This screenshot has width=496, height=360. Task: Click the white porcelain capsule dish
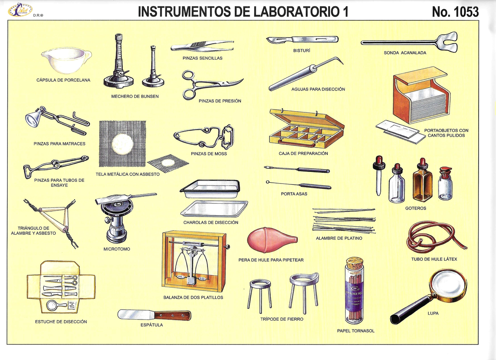coord(66,61)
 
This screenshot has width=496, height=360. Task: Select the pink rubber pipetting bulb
coord(271,240)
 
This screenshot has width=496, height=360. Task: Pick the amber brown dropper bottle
coord(422,182)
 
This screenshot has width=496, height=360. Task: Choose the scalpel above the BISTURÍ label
coord(302,40)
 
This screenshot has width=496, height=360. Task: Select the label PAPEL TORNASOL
coord(355,331)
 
